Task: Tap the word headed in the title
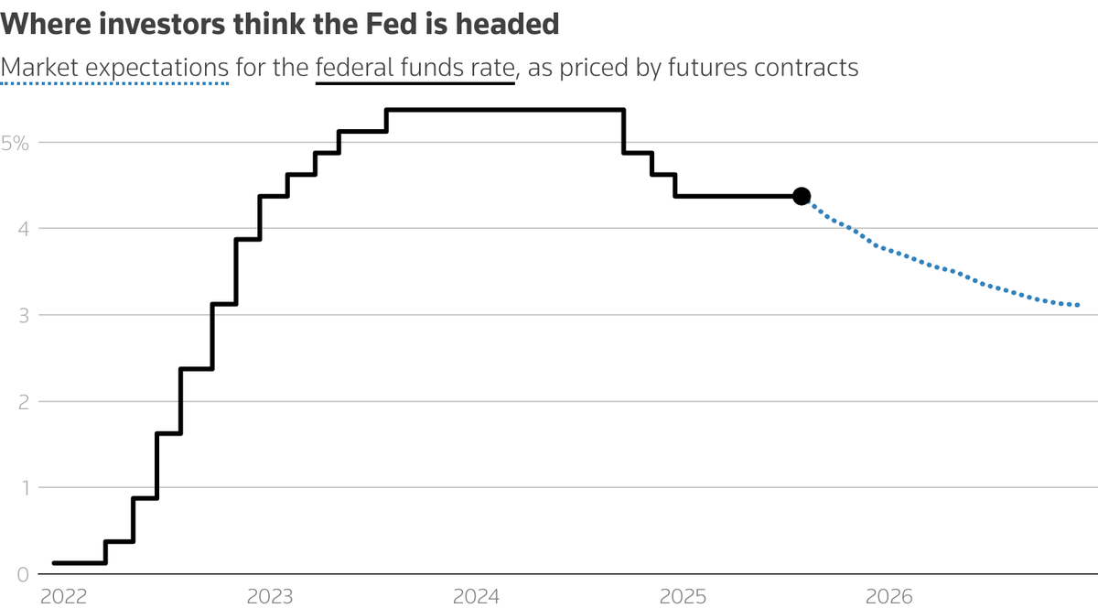coord(517,24)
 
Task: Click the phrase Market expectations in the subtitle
coord(114,68)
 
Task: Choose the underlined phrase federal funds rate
coord(415,68)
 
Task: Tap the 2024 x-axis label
coord(477,597)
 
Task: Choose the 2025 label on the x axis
coord(684,597)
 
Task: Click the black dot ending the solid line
coord(802,196)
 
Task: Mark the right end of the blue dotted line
coord(1078,305)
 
